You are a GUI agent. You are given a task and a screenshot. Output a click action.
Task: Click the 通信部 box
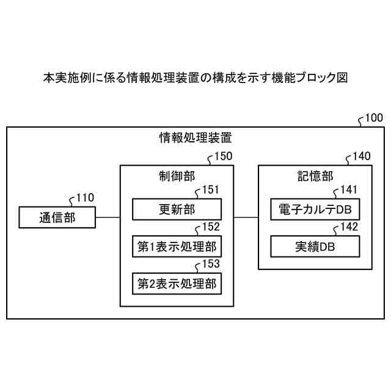(x=57, y=217)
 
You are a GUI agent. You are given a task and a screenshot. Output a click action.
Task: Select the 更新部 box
(x=177, y=210)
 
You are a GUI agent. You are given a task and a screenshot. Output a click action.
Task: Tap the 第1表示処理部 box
(x=177, y=247)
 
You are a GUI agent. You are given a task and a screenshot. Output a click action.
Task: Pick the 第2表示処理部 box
(x=177, y=283)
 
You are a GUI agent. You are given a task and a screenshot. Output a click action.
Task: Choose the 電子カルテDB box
(x=315, y=210)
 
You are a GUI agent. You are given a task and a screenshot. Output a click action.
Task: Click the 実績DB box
(x=315, y=247)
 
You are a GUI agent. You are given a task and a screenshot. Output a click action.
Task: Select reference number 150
(x=223, y=156)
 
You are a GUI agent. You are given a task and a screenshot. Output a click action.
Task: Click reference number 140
(x=361, y=156)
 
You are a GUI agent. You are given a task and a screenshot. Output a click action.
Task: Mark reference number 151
(x=211, y=190)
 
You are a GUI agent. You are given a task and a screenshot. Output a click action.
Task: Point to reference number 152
(x=211, y=227)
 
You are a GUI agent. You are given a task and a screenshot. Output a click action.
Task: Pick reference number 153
(x=211, y=265)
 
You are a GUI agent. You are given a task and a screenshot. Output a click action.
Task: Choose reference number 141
(x=349, y=190)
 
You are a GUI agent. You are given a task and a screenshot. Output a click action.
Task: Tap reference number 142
(x=349, y=227)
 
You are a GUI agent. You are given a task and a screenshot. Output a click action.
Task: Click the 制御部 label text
(x=177, y=176)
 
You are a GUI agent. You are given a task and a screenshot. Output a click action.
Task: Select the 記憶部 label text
(x=315, y=176)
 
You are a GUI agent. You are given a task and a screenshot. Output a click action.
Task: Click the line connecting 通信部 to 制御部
(x=108, y=217)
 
